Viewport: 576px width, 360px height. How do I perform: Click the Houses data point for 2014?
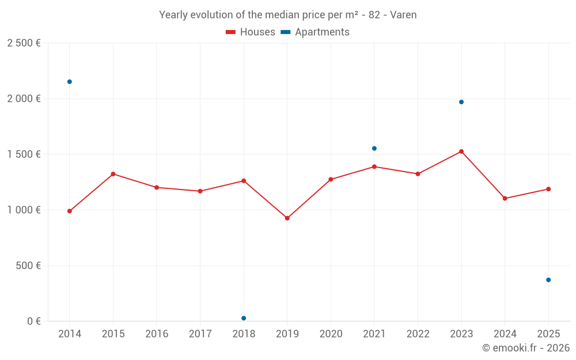coord(70,211)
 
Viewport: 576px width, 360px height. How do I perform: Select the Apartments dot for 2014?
coord(70,82)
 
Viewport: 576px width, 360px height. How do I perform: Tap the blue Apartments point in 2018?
coord(244,318)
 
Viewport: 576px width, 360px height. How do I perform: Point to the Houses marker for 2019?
coord(287,218)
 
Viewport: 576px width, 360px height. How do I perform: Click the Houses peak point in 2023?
coord(461,151)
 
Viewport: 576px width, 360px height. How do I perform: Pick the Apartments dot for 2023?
coord(461,102)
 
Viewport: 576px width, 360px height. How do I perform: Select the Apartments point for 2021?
coord(374,149)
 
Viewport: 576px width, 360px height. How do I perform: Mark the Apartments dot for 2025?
coord(548,280)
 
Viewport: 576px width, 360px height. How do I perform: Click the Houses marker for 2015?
coord(113,174)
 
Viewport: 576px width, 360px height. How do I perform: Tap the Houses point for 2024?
coord(505,198)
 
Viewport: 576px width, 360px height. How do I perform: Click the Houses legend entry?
coord(251,32)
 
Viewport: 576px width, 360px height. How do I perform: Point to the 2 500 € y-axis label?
coord(24,43)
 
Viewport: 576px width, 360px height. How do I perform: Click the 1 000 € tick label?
coord(24,210)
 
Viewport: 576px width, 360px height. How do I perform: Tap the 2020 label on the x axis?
coord(331,334)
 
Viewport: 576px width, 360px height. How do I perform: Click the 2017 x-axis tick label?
coord(200,334)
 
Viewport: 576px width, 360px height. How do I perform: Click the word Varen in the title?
coord(403,15)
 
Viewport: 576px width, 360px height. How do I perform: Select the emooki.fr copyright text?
coord(525,348)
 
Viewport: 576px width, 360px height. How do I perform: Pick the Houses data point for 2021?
coord(374,166)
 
